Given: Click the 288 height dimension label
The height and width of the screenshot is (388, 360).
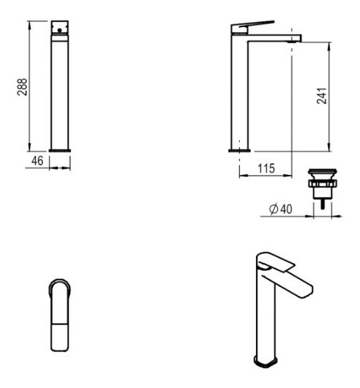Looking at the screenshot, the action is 22,87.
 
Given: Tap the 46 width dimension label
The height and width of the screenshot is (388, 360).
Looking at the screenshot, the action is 37,161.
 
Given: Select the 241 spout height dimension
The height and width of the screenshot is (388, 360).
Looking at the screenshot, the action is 322,95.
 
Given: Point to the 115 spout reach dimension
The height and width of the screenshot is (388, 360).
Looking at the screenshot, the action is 266,168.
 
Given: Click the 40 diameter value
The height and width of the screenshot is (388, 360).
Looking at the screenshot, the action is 286,209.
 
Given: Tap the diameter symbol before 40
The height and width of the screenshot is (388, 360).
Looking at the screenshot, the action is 274,209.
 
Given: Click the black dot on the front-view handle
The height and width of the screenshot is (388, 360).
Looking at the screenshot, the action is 59,31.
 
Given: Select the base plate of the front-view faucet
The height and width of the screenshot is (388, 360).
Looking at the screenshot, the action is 60,151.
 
